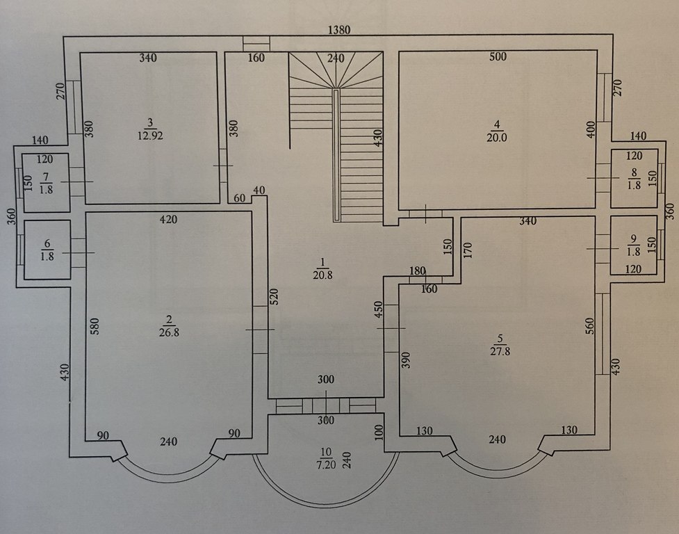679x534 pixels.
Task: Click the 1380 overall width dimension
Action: (339, 30)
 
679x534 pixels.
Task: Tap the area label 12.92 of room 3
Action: (150, 136)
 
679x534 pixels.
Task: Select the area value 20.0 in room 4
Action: (497, 138)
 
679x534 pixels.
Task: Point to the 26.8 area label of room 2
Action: (169, 332)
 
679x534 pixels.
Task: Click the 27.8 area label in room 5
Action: (500, 351)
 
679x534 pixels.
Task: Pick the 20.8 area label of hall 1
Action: (322, 275)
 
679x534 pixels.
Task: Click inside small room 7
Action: (46, 182)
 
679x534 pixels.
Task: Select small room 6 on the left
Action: (47, 250)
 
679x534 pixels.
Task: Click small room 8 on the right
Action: (634, 178)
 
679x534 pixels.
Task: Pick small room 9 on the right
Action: (634, 245)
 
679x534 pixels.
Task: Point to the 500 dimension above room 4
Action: (498, 57)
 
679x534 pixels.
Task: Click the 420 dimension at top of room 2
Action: (168, 220)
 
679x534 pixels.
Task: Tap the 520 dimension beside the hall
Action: (274, 298)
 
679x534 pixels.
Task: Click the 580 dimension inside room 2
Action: (95, 327)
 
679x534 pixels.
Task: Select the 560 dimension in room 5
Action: (589, 325)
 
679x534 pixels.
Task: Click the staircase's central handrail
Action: (336, 156)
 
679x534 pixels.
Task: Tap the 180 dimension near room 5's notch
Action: (418, 271)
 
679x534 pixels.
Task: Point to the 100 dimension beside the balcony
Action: (379, 432)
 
